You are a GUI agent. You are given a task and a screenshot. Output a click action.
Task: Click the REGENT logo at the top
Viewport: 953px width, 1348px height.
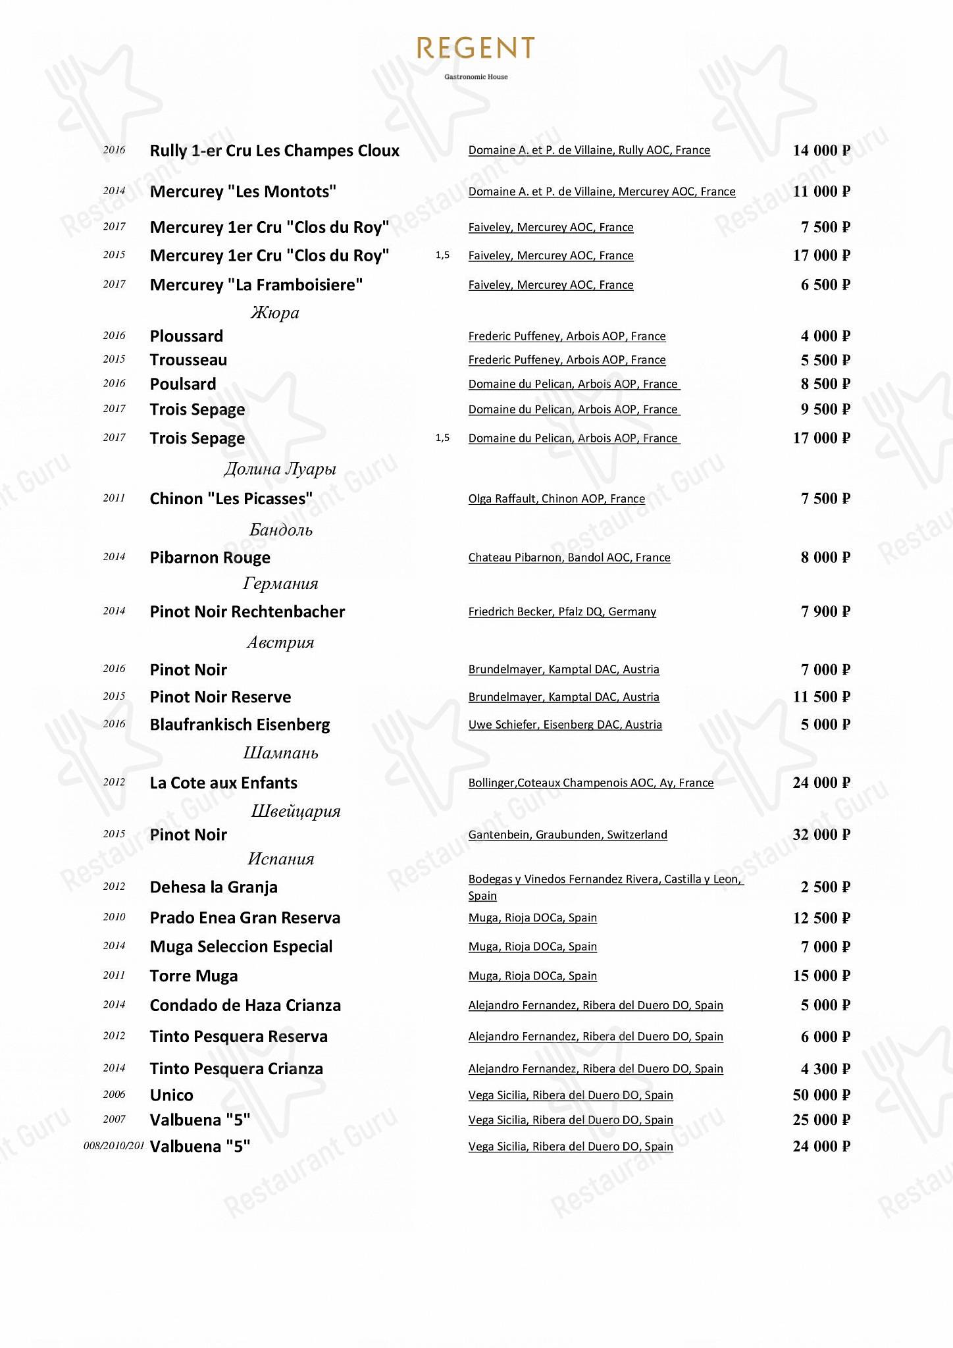(476, 48)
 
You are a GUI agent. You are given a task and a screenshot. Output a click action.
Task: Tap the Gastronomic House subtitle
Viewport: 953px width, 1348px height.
(476, 77)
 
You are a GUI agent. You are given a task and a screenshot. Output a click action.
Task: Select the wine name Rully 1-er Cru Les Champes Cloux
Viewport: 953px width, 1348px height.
(274, 151)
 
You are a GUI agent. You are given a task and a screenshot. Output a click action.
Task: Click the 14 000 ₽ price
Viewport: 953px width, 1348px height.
(821, 151)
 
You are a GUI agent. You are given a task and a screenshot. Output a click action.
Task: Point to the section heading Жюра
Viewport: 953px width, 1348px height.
(274, 313)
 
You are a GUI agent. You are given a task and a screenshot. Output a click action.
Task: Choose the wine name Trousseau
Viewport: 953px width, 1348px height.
(188, 360)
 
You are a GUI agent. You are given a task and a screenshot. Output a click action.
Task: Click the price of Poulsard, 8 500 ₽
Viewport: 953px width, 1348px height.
(825, 384)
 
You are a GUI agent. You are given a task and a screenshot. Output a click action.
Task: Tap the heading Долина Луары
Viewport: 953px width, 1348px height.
(280, 469)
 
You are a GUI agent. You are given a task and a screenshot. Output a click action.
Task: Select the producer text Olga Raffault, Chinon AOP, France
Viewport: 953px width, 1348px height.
(556, 499)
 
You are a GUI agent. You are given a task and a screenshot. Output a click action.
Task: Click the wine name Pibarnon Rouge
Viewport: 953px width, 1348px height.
(210, 557)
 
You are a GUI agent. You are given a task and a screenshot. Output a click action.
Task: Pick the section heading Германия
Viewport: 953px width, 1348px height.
(280, 584)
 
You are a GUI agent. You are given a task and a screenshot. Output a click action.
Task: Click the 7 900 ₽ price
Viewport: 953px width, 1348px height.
(825, 611)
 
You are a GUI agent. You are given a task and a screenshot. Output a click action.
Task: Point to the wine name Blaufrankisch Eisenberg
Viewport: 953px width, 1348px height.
(240, 725)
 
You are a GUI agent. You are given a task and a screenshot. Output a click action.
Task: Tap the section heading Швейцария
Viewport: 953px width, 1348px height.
(296, 811)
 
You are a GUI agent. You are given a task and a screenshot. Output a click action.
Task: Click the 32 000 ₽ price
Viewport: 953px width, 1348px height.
(821, 835)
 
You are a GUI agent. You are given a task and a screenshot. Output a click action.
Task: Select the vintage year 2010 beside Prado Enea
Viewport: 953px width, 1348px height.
(114, 917)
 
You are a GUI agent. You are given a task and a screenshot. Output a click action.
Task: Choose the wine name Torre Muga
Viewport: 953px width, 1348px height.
(193, 976)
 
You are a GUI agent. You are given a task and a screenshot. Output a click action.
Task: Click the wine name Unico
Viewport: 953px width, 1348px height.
(171, 1095)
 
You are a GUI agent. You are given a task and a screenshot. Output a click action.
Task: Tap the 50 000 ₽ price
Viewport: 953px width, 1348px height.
(821, 1095)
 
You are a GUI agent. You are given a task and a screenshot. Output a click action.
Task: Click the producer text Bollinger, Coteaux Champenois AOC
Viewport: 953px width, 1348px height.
(590, 783)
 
